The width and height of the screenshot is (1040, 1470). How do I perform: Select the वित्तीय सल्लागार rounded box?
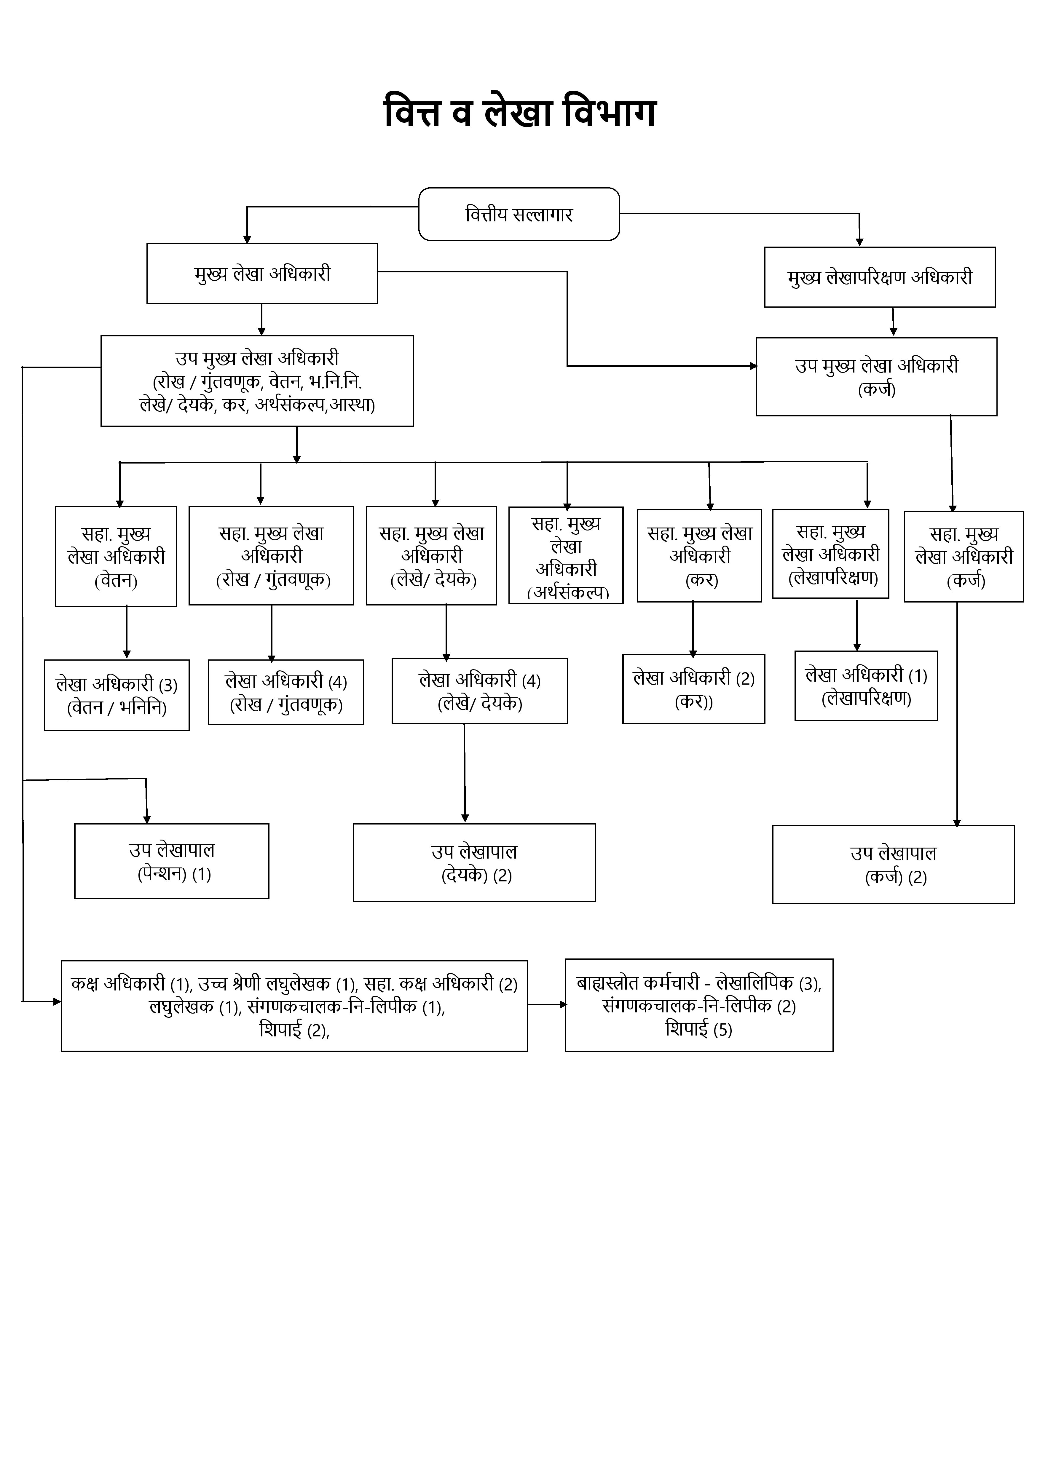point(519,214)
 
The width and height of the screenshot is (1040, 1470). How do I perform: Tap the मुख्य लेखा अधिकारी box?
point(262,273)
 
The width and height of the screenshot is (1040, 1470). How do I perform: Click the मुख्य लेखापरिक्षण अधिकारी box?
point(879,277)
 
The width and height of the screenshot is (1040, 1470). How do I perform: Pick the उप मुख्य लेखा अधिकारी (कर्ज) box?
point(876,376)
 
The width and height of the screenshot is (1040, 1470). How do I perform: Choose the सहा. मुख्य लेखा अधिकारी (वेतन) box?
point(116,556)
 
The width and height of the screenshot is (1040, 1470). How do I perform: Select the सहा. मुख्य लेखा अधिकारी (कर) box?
point(699,556)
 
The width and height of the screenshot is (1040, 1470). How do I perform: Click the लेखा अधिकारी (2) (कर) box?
point(693,689)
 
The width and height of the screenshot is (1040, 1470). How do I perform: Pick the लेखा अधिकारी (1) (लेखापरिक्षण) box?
point(866,686)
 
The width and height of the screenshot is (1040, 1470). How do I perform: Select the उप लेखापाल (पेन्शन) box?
point(172,861)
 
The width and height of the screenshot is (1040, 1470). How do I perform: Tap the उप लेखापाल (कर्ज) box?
point(893,864)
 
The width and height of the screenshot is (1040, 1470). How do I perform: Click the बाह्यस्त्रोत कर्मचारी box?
point(699,1005)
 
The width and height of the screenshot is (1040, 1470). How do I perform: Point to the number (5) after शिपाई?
point(722,1030)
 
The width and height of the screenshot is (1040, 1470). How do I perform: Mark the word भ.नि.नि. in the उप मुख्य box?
point(335,382)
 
